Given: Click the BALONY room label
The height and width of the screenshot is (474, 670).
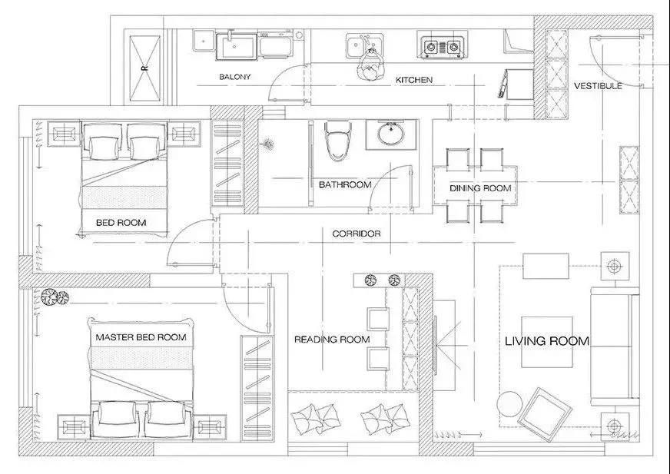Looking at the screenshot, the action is pyautogui.click(x=234, y=77).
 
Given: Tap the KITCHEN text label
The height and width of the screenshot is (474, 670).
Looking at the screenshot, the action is pyautogui.click(x=413, y=80).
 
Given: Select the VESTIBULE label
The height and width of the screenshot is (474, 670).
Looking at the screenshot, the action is pyautogui.click(x=598, y=86).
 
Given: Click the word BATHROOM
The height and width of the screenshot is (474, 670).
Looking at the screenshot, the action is pyautogui.click(x=345, y=184).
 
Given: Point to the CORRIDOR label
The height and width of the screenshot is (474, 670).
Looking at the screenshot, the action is pyautogui.click(x=356, y=234).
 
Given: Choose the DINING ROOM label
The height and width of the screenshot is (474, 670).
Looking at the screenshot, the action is pyautogui.click(x=480, y=188).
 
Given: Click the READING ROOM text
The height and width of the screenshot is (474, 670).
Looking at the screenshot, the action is pyautogui.click(x=332, y=340).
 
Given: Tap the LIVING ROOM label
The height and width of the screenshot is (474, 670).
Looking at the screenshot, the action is pyautogui.click(x=547, y=341).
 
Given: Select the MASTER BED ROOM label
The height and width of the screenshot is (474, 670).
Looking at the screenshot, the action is pyautogui.click(x=141, y=337).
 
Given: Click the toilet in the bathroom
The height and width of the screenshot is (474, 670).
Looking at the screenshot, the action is pyautogui.click(x=338, y=141).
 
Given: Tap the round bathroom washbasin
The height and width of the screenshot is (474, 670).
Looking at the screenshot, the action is pyautogui.click(x=390, y=134).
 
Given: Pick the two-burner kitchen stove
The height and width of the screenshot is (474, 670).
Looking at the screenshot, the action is pyautogui.click(x=442, y=45).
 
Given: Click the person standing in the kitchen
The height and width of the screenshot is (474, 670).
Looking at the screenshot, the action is pyautogui.click(x=370, y=65).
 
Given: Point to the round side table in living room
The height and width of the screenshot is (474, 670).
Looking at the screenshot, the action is pyautogui.click(x=510, y=404).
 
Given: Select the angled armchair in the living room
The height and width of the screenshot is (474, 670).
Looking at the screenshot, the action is pyautogui.click(x=544, y=415).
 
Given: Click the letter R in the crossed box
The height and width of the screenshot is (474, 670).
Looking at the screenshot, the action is pyautogui.click(x=145, y=68).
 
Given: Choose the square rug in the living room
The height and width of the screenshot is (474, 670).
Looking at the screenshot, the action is pyautogui.click(x=547, y=342).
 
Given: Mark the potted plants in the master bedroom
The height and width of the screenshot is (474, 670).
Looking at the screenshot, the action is pyautogui.click(x=55, y=297).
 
